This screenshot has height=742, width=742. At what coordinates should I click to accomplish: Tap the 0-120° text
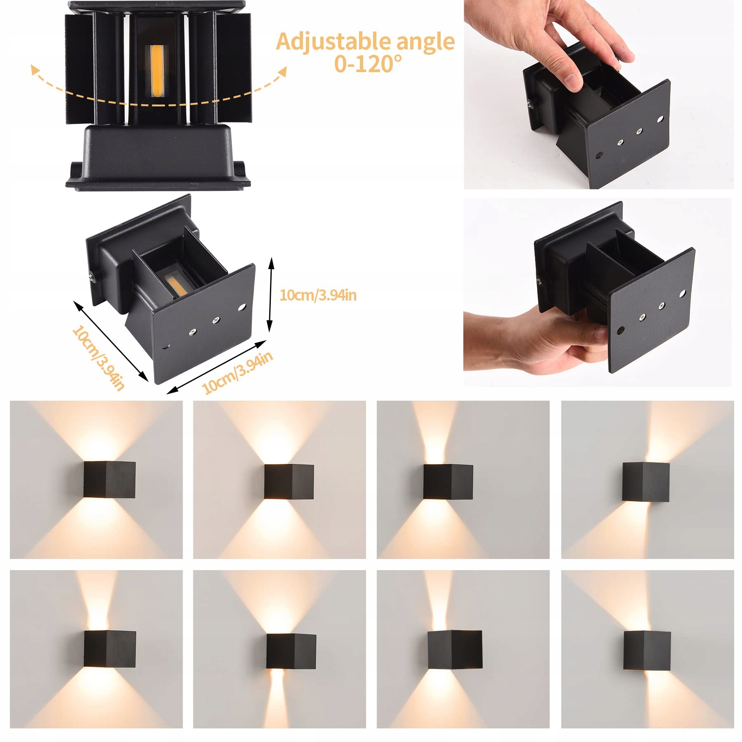pyautogui.click(x=368, y=64)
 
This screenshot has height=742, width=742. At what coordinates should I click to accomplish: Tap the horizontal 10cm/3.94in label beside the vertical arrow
pyautogui.click(x=318, y=295)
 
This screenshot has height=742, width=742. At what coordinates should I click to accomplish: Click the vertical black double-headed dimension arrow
pyautogui.click(x=270, y=294)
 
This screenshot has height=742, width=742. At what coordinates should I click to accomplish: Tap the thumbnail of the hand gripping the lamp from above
pyautogui.click(x=599, y=94)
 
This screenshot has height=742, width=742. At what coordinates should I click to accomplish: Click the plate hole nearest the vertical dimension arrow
pyautogui.click(x=242, y=308)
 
